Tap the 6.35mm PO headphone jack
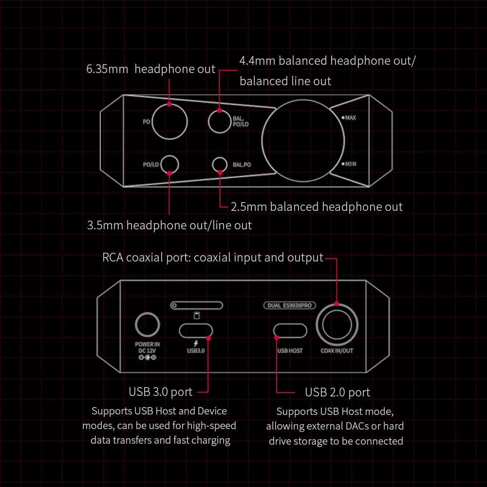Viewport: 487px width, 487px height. coord(169,121)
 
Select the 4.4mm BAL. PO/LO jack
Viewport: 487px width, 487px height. coord(220,120)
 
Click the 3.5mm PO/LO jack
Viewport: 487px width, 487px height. coord(169,165)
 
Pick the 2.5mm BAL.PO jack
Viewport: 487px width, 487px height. coord(220,165)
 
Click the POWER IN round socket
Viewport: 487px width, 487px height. coord(147,326)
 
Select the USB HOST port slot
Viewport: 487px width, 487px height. coord(290,331)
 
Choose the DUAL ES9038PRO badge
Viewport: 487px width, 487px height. coord(290,305)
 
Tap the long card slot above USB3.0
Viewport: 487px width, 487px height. coord(196,305)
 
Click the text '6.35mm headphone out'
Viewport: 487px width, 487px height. coord(150,69)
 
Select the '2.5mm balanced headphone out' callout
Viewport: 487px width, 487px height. coord(317,207)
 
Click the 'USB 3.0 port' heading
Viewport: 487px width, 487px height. coord(161,392)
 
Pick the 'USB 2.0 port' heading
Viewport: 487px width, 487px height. coord(337,392)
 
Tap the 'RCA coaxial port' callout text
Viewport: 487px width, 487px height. coord(213,258)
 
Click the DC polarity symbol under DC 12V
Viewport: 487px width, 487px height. coord(147,358)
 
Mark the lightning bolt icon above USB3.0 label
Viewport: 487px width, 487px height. coord(196,343)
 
